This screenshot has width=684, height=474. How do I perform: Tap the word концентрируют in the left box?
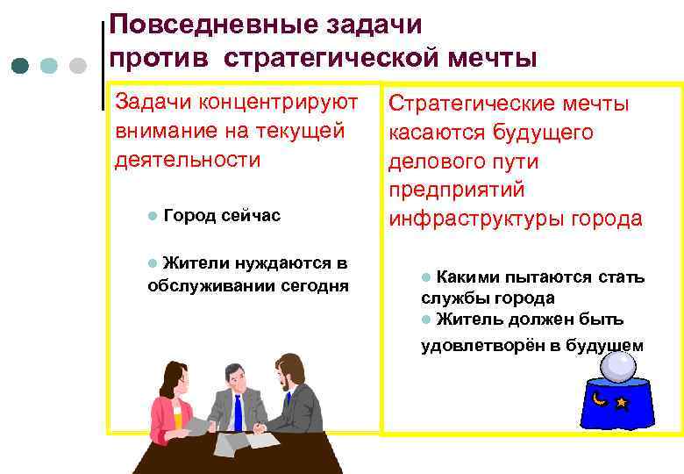280,102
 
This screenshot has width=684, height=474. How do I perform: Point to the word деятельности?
188,160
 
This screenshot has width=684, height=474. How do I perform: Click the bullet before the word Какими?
426,277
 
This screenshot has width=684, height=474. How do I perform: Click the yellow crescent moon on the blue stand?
600,399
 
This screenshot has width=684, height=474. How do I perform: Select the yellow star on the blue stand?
622,403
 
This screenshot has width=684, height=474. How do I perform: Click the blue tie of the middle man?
238,413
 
